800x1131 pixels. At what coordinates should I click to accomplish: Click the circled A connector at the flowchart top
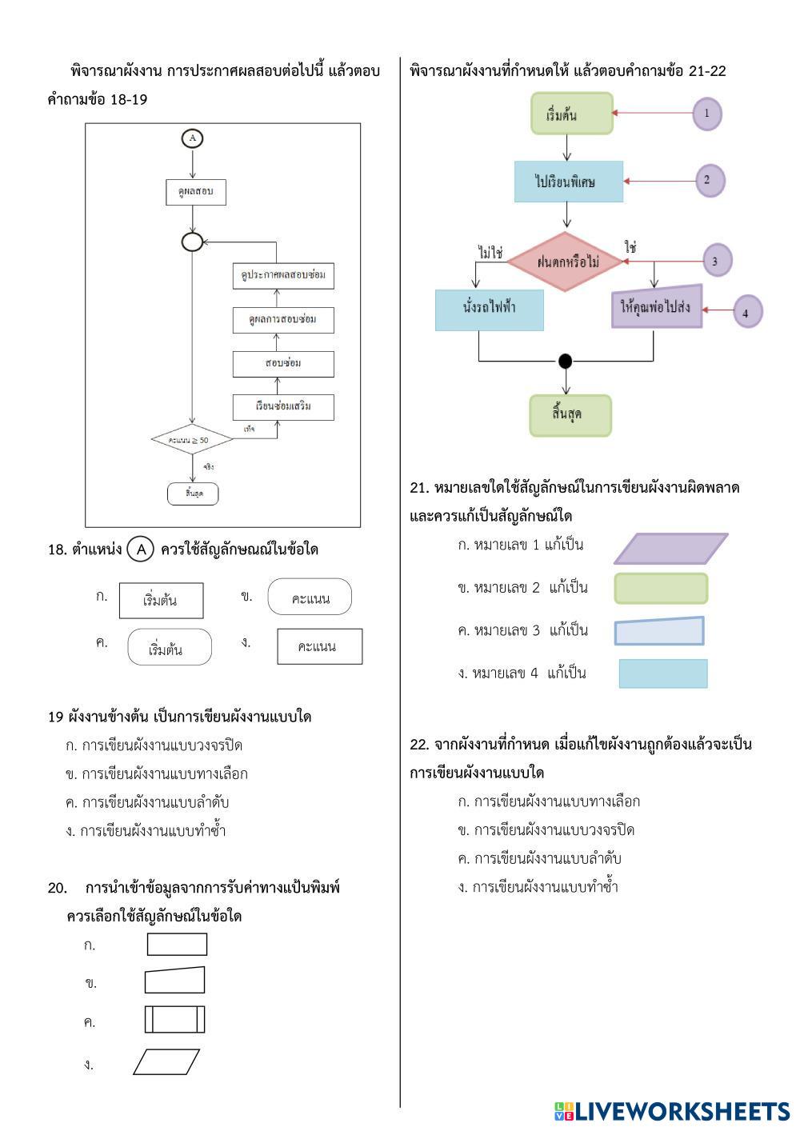click(192, 138)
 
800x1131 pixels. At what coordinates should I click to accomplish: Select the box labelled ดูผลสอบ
click(191, 192)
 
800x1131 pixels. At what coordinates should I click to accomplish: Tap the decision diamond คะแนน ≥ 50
click(191, 440)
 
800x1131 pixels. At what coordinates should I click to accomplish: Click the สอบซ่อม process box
click(283, 364)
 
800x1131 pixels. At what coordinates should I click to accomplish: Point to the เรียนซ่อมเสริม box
click(283, 406)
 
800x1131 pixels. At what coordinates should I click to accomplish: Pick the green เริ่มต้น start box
click(571, 114)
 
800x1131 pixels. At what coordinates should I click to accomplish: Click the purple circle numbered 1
click(706, 114)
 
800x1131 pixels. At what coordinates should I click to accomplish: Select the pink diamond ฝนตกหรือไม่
click(566, 262)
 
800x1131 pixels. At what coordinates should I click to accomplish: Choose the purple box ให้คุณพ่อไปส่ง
click(657, 307)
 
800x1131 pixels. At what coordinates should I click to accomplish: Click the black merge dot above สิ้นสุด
click(566, 361)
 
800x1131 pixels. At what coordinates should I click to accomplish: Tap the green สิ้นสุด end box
click(570, 415)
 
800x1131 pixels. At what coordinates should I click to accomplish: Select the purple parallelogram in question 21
click(670, 549)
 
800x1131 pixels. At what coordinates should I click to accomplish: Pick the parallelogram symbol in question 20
click(166, 1061)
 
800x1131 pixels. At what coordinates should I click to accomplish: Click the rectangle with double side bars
click(174, 1019)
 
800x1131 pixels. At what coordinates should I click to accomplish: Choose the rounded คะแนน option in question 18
click(310, 597)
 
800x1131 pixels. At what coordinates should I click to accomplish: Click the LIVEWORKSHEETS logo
click(671, 1111)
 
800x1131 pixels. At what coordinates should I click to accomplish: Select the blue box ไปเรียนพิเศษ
click(568, 182)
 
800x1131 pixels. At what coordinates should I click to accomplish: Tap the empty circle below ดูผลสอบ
click(192, 241)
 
